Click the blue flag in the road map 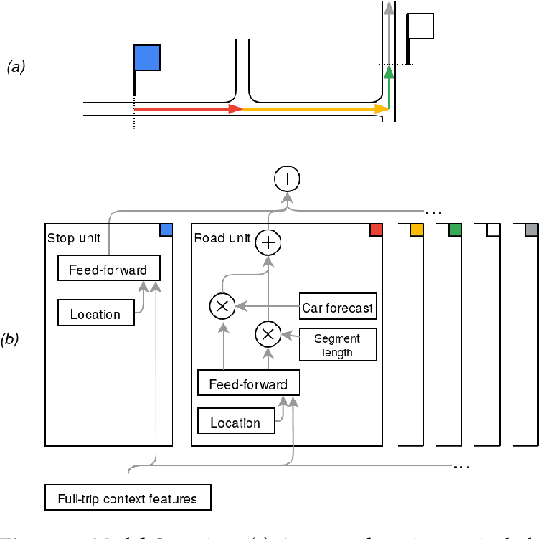[146, 58]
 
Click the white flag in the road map [420, 26]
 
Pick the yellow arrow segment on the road [314, 109]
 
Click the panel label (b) [11, 339]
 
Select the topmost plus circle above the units [287, 179]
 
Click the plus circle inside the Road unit [269, 243]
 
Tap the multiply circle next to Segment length [269, 334]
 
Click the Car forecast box [338, 307]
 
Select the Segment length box [338, 344]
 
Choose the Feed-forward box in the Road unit [248, 383]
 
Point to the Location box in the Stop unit [95, 313]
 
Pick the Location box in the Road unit [236, 422]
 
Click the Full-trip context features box [128, 498]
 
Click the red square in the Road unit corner [376, 230]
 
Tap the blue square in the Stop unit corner [166, 230]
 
